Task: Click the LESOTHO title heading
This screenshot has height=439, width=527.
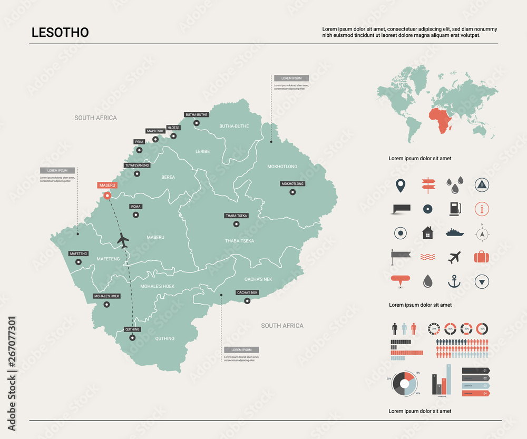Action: (x=60, y=32)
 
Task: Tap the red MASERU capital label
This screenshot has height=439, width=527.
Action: (x=107, y=186)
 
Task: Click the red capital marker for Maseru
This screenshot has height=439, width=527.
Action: (x=108, y=196)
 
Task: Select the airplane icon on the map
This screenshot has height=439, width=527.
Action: (x=123, y=240)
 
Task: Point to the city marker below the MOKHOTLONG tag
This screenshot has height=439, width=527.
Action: (x=292, y=192)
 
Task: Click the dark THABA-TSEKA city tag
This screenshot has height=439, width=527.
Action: (x=236, y=216)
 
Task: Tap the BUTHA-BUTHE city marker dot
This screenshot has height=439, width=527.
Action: (x=197, y=123)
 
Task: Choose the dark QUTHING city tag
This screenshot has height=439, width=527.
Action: (x=132, y=329)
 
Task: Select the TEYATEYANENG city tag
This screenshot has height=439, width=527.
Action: (x=137, y=165)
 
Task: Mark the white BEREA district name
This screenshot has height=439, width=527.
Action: (x=168, y=178)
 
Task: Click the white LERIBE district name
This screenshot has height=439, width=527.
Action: (x=202, y=152)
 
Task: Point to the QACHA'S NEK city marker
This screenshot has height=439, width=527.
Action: (x=247, y=301)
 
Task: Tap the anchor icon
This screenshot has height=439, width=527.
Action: (x=454, y=281)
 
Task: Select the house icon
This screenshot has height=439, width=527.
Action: (x=427, y=232)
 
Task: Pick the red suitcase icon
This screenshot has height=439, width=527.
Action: (x=481, y=257)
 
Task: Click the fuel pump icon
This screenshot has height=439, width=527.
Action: (x=454, y=209)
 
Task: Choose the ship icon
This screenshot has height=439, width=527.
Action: (x=454, y=232)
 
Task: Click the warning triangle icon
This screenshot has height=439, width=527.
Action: (x=482, y=184)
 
